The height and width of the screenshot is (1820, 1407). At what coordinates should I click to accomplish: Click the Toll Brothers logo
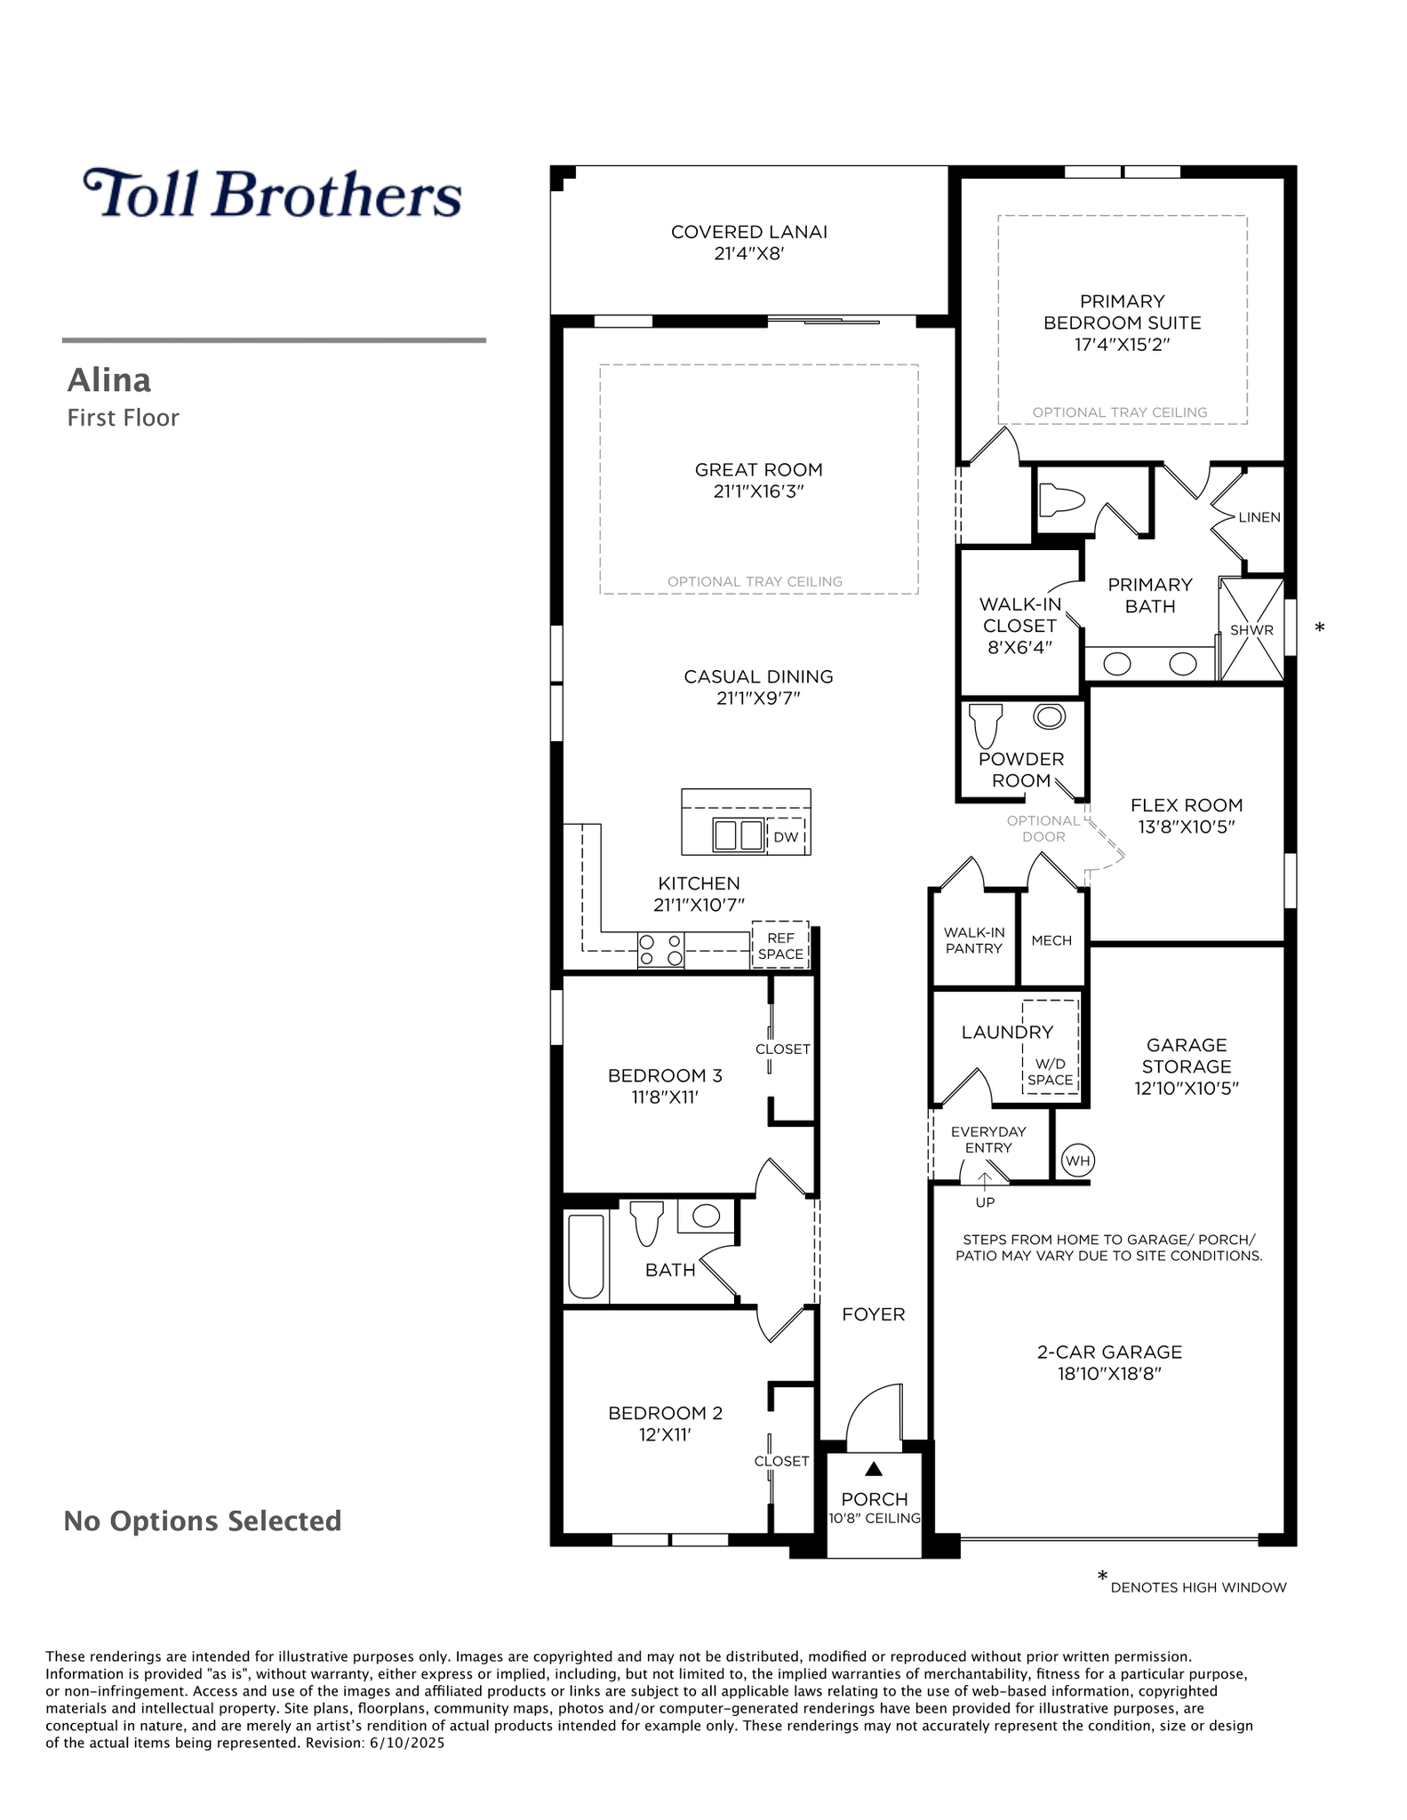point(272,193)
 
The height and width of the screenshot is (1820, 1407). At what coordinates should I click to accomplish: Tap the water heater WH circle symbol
point(1077,1161)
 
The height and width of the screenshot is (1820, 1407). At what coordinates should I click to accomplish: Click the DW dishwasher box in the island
point(787,836)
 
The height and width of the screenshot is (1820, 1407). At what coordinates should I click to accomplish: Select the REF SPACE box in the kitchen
point(780,946)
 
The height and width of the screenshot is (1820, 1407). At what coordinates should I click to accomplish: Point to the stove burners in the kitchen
point(660,950)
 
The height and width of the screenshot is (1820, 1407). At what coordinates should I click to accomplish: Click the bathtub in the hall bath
point(586,1257)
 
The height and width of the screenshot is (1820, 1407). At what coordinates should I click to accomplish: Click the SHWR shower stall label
point(1251,630)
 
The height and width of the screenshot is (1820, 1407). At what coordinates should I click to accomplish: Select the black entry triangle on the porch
point(874,1469)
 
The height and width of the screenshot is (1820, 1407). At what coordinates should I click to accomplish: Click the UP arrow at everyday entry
point(985,1178)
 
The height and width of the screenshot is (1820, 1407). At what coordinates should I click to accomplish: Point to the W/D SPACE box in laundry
point(1050,1046)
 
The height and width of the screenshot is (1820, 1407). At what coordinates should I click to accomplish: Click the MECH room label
point(1051,940)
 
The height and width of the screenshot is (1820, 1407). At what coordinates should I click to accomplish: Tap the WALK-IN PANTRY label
point(974,940)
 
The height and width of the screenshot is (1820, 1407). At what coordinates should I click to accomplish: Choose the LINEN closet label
point(1259,517)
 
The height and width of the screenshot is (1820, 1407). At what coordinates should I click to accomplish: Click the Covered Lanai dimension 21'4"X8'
point(748,253)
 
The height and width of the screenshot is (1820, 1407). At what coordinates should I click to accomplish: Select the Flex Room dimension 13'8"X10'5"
point(1187,826)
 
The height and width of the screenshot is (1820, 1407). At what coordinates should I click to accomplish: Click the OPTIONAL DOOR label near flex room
point(1043,828)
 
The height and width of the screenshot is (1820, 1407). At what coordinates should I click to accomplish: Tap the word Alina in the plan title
point(109,380)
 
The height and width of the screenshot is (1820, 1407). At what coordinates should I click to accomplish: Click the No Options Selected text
point(203,1521)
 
